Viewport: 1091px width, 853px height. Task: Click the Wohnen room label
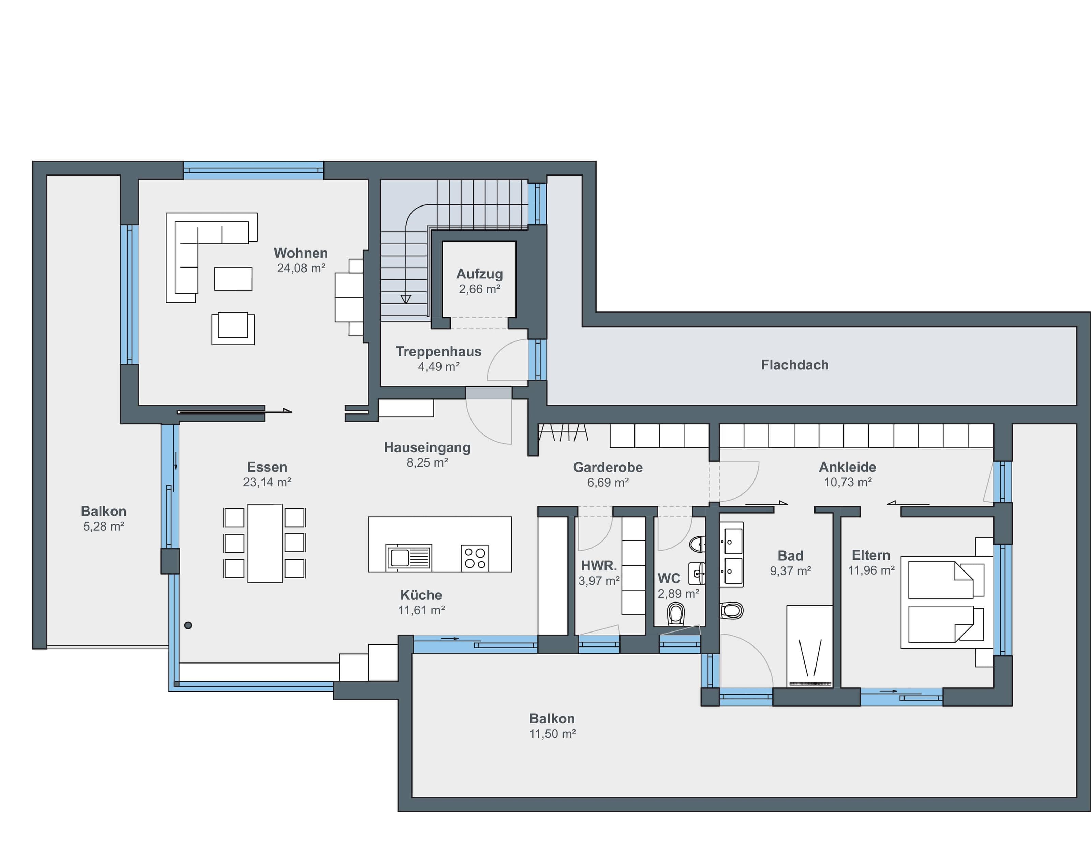click(301, 253)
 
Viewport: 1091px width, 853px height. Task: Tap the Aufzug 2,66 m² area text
click(480, 289)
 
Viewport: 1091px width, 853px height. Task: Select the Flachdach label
click(795, 365)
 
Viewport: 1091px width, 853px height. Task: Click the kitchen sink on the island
click(409, 557)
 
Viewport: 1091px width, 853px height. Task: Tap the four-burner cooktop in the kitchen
click(475, 558)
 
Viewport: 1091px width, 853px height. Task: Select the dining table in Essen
click(265, 543)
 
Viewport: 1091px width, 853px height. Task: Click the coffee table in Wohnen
click(233, 279)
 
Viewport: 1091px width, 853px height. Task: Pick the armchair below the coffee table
click(233, 328)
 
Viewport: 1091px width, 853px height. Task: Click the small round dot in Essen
click(188, 625)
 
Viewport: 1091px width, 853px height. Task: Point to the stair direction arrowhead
click(406, 299)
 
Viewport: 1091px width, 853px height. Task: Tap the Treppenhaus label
click(438, 352)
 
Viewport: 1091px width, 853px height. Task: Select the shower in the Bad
click(809, 646)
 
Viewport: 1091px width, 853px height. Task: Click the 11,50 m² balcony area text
click(553, 734)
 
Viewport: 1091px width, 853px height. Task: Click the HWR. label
click(599, 566)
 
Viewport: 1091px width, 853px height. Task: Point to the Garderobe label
click(608, 468)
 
